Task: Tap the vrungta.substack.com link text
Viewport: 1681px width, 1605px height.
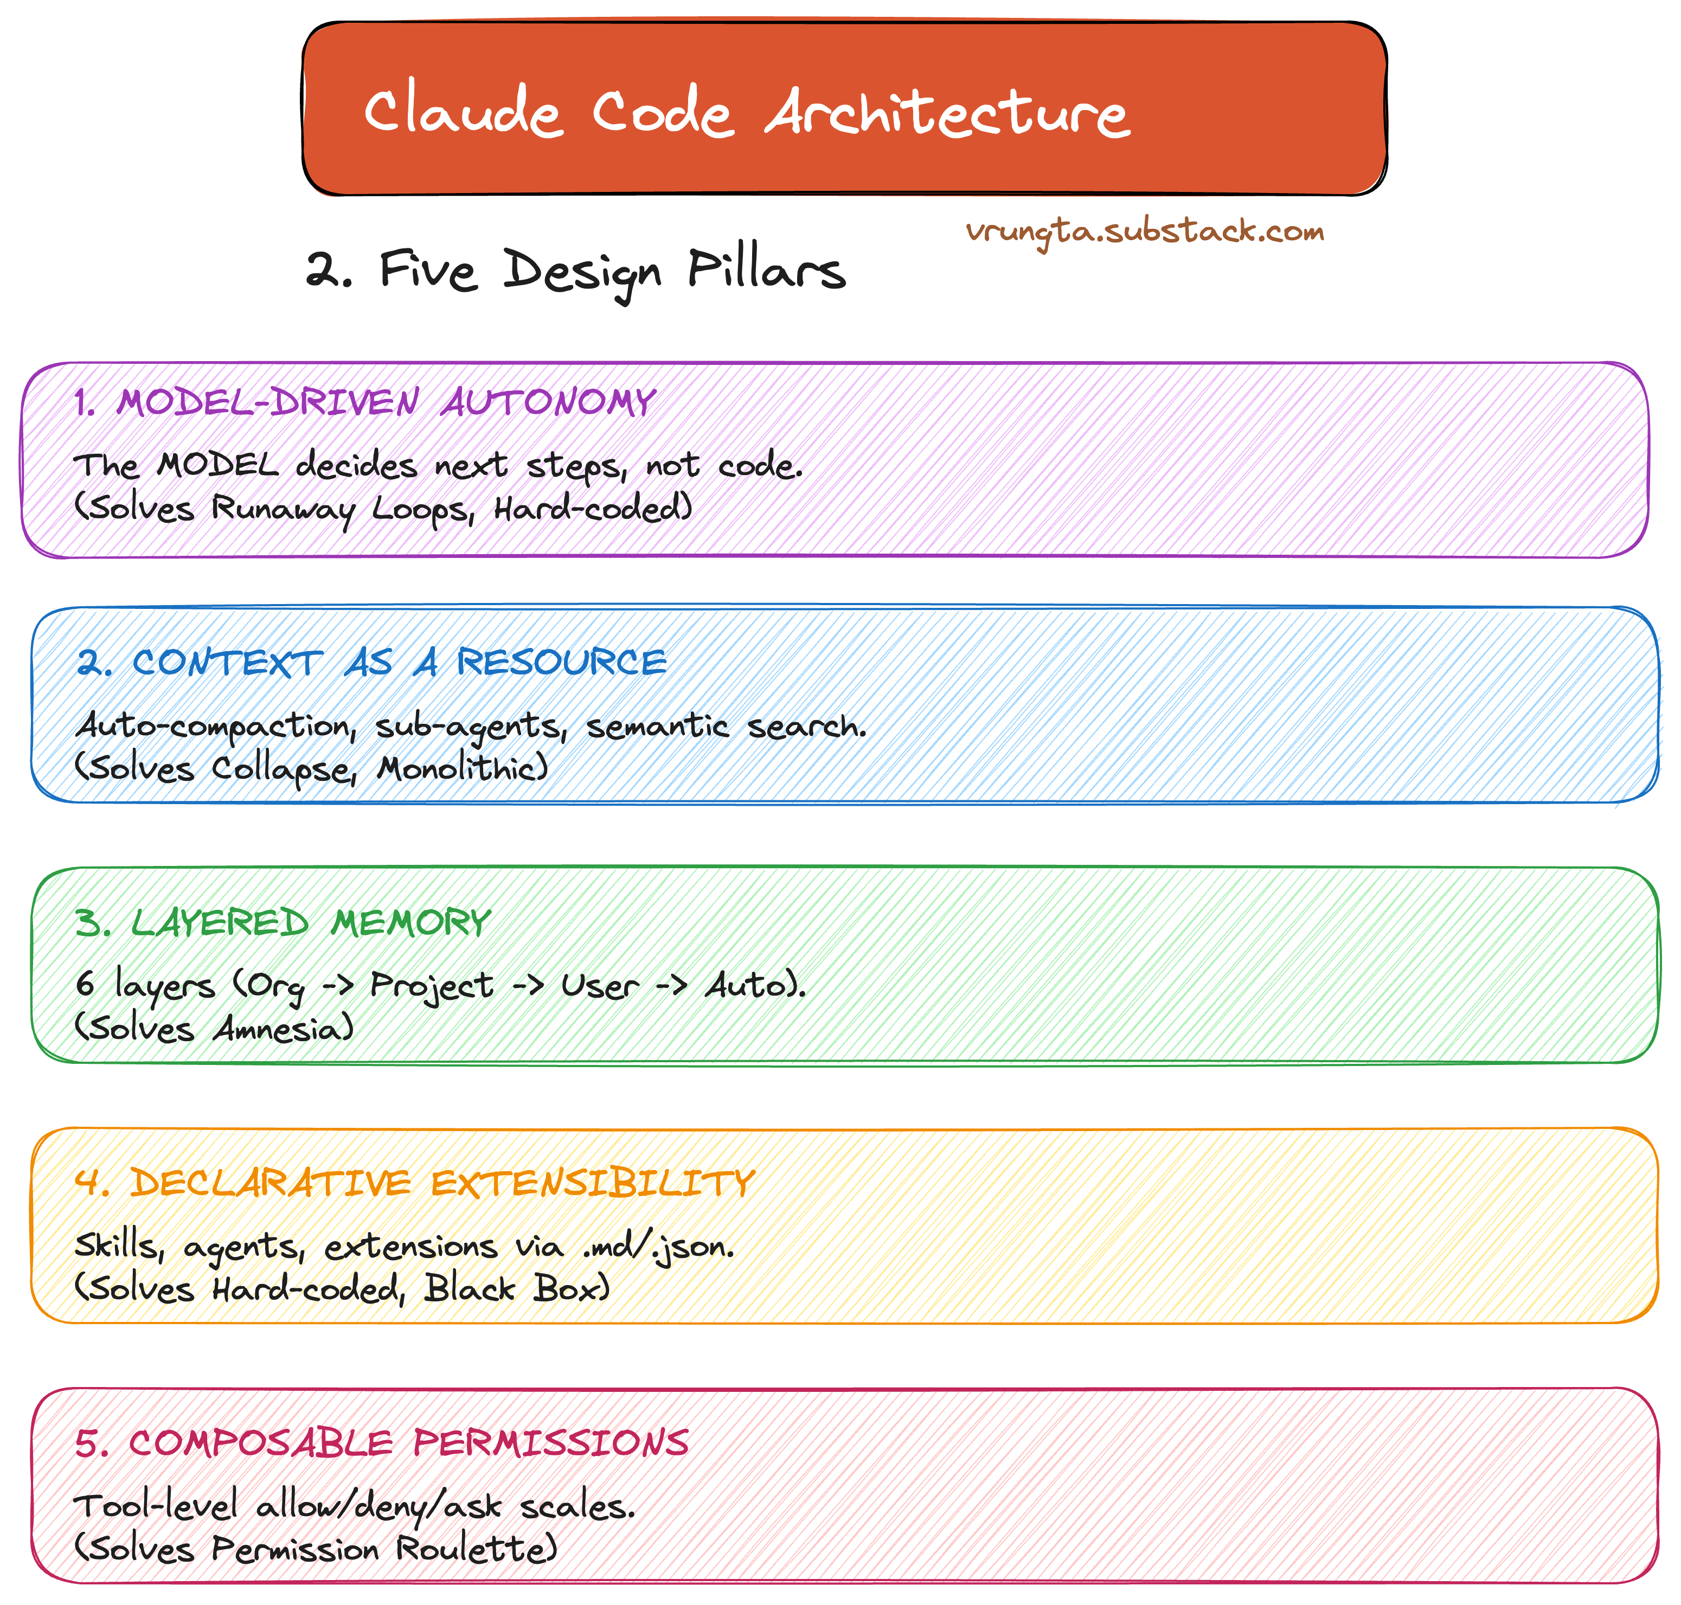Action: point(1145,231)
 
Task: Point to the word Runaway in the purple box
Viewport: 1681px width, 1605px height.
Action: point(283,509)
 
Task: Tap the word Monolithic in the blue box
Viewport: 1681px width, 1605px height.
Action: point(462,767)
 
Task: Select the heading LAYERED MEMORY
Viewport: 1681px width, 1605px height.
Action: point(283,922)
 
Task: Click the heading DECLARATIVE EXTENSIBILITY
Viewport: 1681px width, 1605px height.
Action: point(414,1183)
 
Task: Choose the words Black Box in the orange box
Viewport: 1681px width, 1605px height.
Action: point(516,1288)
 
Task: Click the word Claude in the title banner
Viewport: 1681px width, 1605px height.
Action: point(463,114)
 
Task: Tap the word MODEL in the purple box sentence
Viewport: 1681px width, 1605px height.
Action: point(218,466)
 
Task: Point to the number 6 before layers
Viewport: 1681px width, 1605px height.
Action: point(85,984)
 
